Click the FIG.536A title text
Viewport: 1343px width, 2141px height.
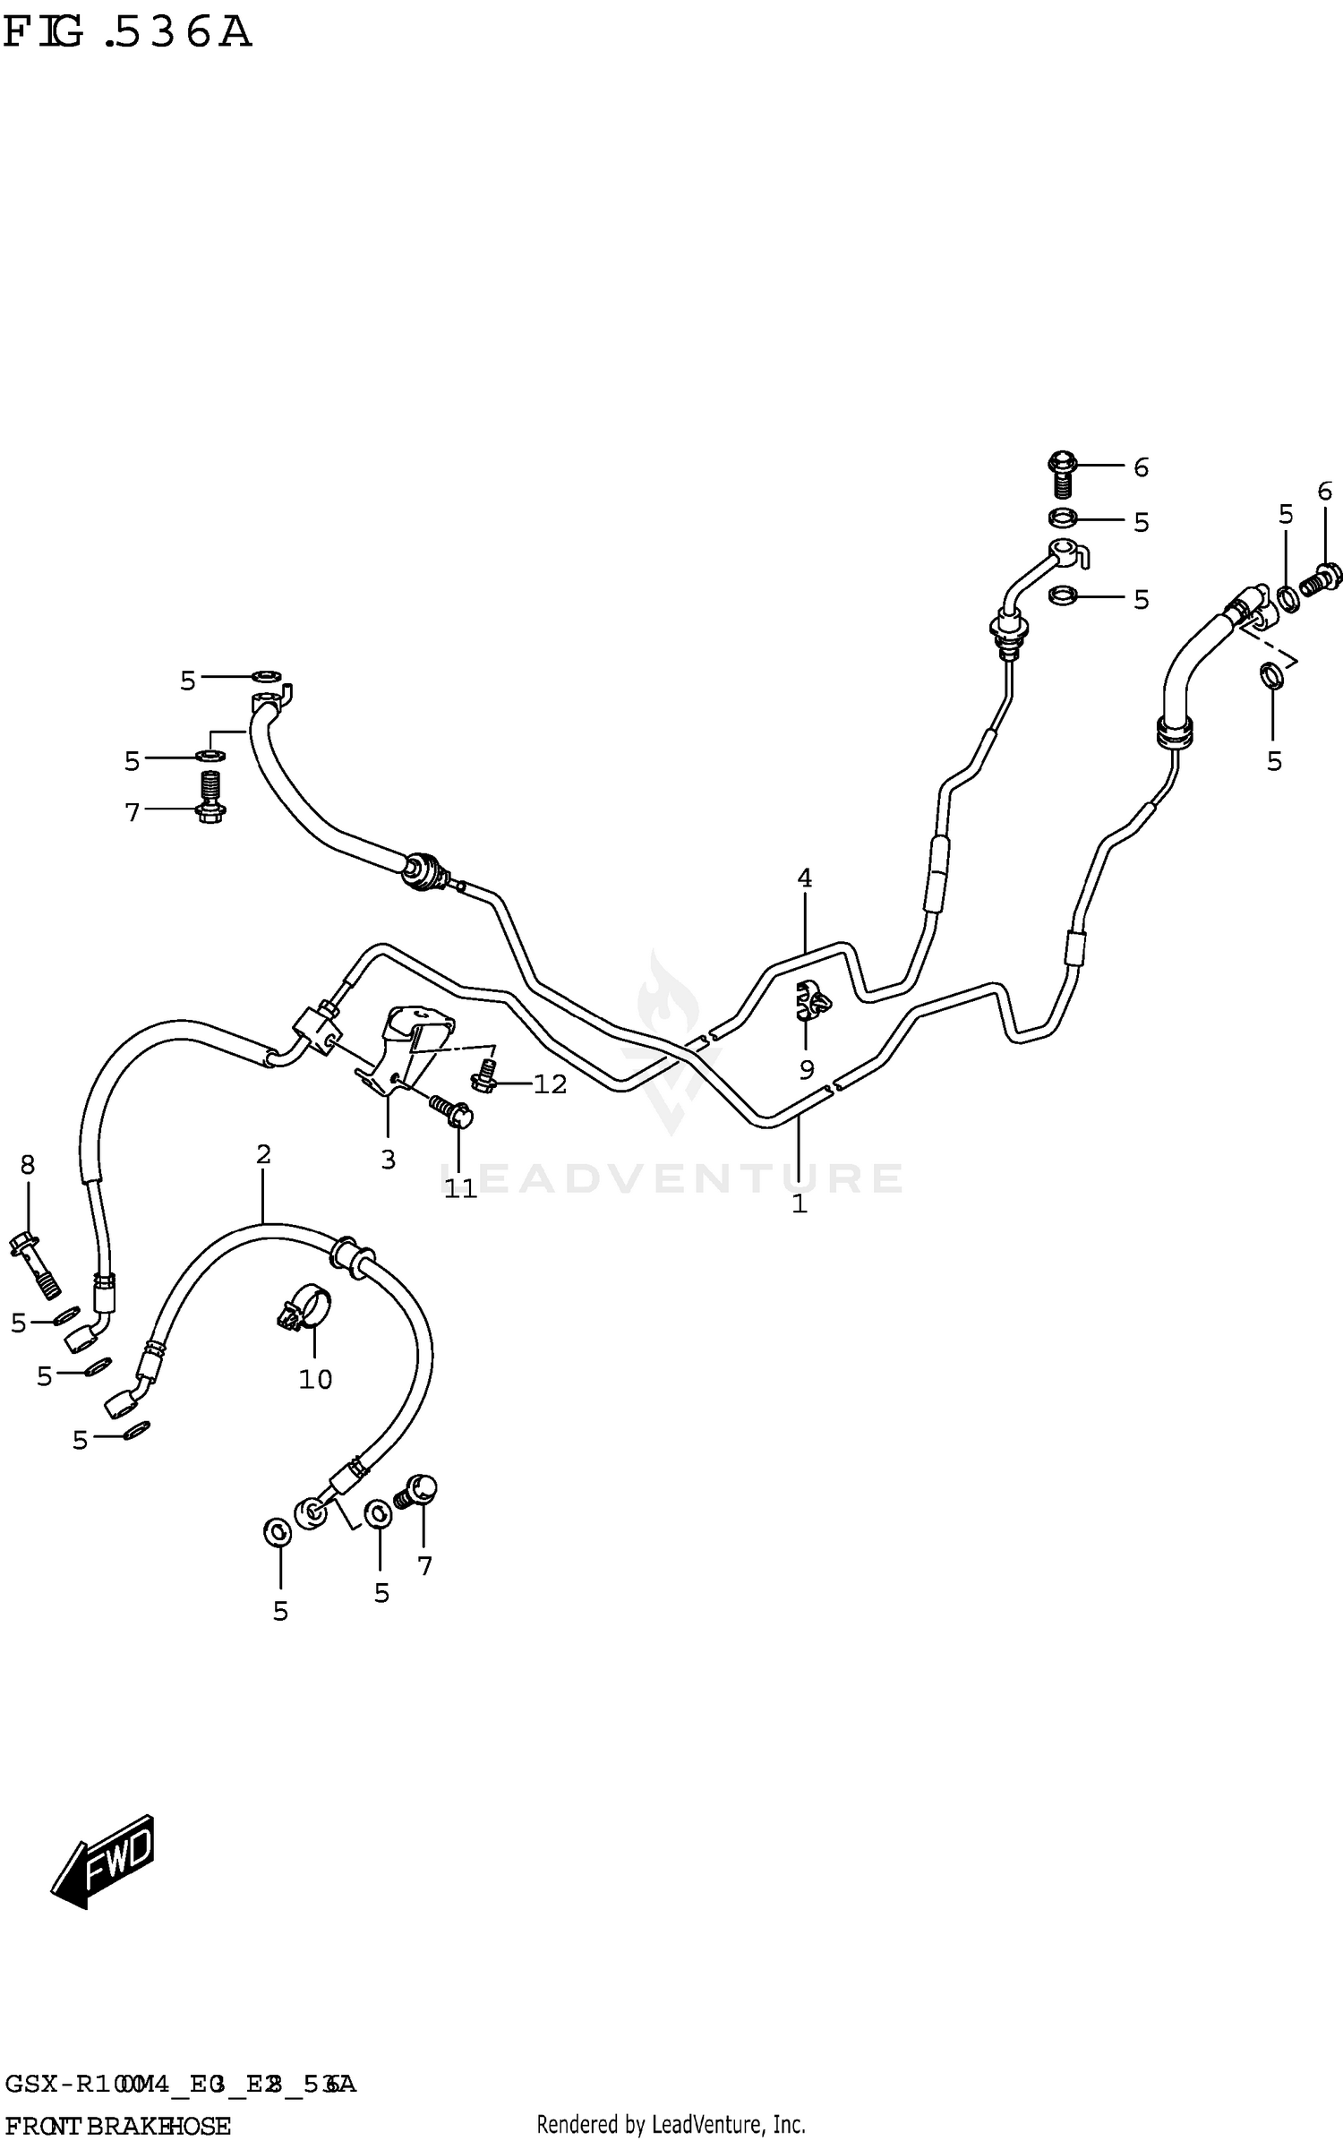[127, 33]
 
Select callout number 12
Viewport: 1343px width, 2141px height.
[550, 1084]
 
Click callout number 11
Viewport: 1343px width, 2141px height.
[460, 1188]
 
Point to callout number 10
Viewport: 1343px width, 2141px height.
[315, 1379]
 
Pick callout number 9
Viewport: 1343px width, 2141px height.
[806, 1068]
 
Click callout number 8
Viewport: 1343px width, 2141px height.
[28, 1165]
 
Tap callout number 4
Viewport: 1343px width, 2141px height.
[804, 878]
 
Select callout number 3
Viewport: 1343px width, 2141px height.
[388, 1160]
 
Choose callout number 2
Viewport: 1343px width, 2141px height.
[262, 1155]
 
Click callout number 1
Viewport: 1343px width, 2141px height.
[800, 1204]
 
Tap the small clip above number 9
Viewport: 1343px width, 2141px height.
[811, 1000]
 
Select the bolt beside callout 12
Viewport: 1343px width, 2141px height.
[484, 1076]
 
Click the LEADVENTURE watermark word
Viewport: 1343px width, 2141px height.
[671, 1178]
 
